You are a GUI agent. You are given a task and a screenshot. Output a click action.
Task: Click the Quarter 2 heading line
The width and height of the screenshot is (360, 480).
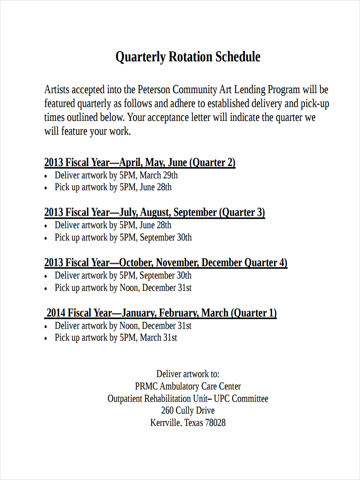click(x=140, y=162)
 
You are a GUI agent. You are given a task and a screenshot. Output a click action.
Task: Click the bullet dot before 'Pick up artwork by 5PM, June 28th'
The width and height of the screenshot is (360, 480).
click(x=46, y=188)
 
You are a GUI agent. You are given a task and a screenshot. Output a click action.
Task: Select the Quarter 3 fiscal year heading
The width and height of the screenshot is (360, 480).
click(x=154, y=212)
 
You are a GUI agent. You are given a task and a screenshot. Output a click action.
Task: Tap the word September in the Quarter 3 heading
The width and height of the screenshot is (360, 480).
click(x=195, y=212)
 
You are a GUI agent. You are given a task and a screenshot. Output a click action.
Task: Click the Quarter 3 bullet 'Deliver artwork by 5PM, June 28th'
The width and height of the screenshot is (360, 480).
click(x=113, y=225)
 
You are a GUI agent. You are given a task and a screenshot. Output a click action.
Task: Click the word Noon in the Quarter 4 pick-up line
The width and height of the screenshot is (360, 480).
click(x=129, y=288)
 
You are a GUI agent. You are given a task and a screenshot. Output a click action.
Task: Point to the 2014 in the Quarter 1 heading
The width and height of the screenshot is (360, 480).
click(x=56, y=313)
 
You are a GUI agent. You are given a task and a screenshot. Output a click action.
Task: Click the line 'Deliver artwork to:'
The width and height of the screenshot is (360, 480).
click(x=188, y=374)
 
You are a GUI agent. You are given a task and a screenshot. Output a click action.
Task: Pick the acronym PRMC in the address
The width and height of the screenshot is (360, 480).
click(x=147, y=386)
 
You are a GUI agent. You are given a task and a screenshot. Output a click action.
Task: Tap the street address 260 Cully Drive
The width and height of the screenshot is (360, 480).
click(x=188, y=411)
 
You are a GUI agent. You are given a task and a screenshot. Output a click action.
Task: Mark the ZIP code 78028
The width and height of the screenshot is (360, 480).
click(x=215, y=423)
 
